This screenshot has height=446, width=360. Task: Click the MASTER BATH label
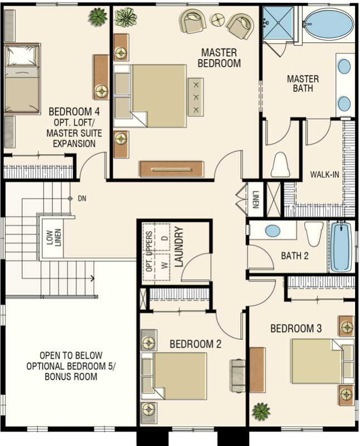click(303, 84)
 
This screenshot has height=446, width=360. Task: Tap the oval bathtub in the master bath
click(329, 24)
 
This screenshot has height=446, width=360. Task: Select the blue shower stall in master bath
click(278, 23)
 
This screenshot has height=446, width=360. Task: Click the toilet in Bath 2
click(314, 234)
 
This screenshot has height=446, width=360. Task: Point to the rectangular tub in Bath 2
click(342, 246)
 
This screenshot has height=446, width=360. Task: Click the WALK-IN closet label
click(324, 174)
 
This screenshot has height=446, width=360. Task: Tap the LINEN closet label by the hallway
click(255, 199)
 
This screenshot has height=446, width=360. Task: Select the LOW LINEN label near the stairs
click(53, 237)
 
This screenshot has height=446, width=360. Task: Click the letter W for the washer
click(164, 265)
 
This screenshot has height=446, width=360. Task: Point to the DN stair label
click(82, 198)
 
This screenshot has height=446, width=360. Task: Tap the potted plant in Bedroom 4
click(98, 17)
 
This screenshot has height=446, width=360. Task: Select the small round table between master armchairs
click(217, 20)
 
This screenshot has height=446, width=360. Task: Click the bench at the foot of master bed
click(196, 97)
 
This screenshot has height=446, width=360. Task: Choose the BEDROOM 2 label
click(196, 344)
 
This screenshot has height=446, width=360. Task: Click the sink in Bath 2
click(273, 231)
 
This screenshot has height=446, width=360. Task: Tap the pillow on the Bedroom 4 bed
click(22, 55)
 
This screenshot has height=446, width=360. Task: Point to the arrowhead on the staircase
click(92, 278)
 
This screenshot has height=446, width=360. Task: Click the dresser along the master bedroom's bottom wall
click(172, 169)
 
